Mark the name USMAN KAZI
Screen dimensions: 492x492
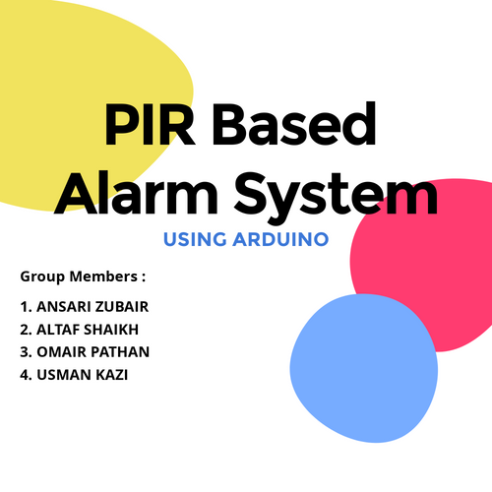77,374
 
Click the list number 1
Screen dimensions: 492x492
23,306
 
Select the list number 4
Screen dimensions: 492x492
24,374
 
